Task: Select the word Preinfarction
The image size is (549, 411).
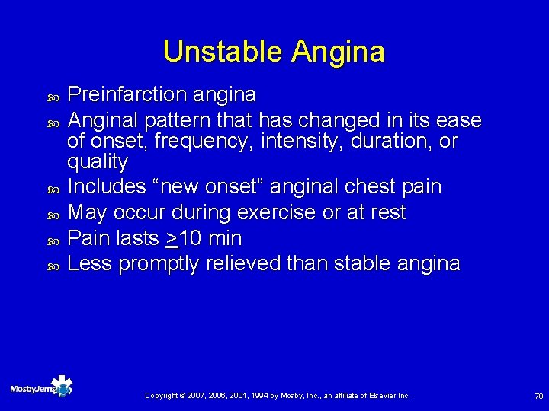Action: click(x=126, y=95)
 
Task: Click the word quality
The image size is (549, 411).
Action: click(x=98, y=162)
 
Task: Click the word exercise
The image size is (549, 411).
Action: click(x=278, y=212)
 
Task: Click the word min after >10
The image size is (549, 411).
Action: click(x=225, y=238)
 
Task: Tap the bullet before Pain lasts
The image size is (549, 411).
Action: click(x=53, y=240)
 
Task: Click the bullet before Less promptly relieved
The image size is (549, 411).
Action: click(x=53, y=266)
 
